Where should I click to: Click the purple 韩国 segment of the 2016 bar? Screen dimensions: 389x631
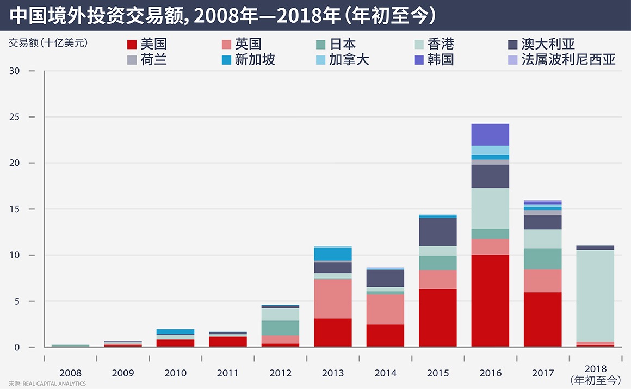(x=490, y=134)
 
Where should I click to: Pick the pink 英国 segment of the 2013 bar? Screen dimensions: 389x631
(x=333, y=298)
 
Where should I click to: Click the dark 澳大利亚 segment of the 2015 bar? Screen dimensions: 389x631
(x=438, y=232)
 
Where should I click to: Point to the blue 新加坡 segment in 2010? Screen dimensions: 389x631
(x=175, y=331)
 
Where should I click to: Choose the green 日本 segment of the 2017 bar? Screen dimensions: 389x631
(x=542, y=259)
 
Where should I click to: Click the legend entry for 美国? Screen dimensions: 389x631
(x=146, y=44)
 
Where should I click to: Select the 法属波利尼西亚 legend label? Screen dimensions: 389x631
(x=568, y=59)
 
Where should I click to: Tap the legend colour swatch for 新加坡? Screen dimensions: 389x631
(x=226, y=60)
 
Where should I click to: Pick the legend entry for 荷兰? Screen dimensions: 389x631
(x=146, y=59)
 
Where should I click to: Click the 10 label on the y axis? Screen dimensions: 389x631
(x=16, y=255)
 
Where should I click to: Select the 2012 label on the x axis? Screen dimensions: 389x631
(x=280, y=373)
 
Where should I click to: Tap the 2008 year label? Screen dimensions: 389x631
(x=71, y=373)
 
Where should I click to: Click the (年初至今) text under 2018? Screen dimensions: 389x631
(x=595, y=380)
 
